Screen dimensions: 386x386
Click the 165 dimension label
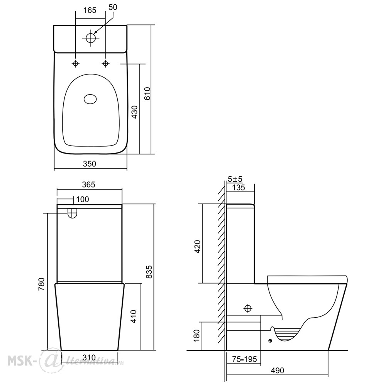[90, 10]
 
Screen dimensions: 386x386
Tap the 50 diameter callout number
[113, 7]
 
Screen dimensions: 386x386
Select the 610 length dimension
[147, 93]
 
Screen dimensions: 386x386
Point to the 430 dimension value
[135, 112]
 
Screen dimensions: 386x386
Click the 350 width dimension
[90, 164]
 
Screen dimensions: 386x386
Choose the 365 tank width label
[88, 185]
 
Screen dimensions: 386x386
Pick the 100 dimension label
[83, 199]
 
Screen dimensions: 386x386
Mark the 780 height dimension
[41, 284]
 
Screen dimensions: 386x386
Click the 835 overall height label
[149, 272]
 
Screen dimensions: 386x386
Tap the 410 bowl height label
[133, 317]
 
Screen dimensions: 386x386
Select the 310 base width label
[89, 357]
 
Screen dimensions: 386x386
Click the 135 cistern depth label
[239, 188]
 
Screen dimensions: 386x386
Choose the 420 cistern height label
[198, 246]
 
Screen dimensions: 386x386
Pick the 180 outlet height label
[196, 335]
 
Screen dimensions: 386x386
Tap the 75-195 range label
[244, 359]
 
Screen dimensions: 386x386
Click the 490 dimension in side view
[278, 371]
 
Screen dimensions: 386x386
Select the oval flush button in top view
[90, 99]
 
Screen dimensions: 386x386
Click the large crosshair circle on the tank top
[91, 38]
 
